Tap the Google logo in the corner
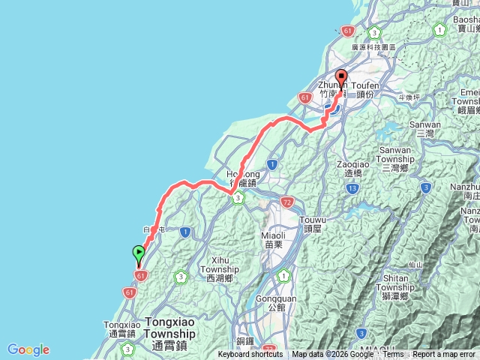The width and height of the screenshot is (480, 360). point(28,349)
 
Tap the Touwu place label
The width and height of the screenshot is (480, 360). point(313,223)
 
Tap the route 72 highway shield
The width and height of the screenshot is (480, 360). point(288,202)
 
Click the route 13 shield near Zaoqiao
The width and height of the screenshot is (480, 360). point(352,187)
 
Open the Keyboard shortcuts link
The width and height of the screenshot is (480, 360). point(250,355)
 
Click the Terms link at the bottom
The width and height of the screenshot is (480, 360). point(393,355)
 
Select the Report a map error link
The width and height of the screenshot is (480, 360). point(444,355)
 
